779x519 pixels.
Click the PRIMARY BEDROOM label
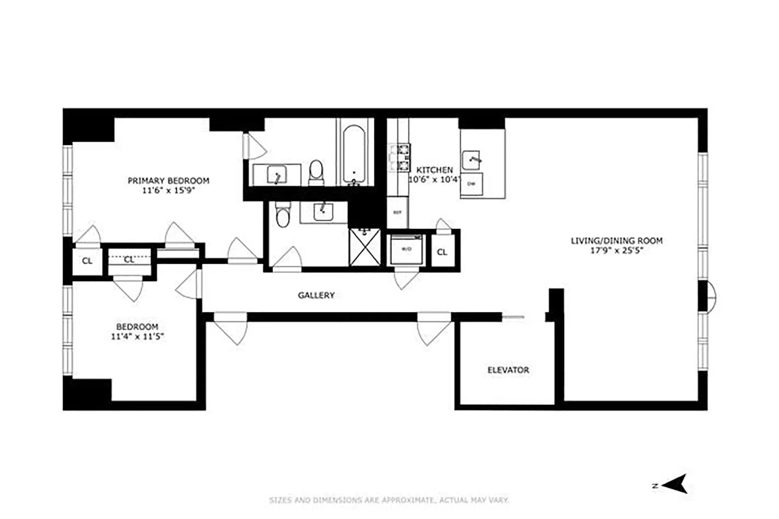click(x=168, y=180)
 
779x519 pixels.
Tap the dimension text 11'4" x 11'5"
click(x=137, y=336)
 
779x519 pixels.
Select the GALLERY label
click(x=316, y=295)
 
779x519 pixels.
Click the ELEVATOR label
click(x=508, y=370)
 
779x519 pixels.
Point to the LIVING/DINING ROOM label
click(x=616, y=240)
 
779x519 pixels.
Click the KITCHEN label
click(x=435, y=170)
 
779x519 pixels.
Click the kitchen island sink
click(x=471, y=160)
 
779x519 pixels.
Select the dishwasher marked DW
click(x=471, y=184)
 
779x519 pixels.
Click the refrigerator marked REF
click(x=397, y=212)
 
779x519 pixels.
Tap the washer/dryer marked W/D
click(x=406, y=250)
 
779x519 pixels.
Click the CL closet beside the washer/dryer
click(x=442, y=252)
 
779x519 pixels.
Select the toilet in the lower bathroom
click(x=283, y=215)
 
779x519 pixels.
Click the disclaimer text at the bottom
click(x=389, y=500)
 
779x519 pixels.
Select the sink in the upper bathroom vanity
click(x=276, y=175)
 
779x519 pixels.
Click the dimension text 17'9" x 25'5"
click(x=616, y=250)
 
